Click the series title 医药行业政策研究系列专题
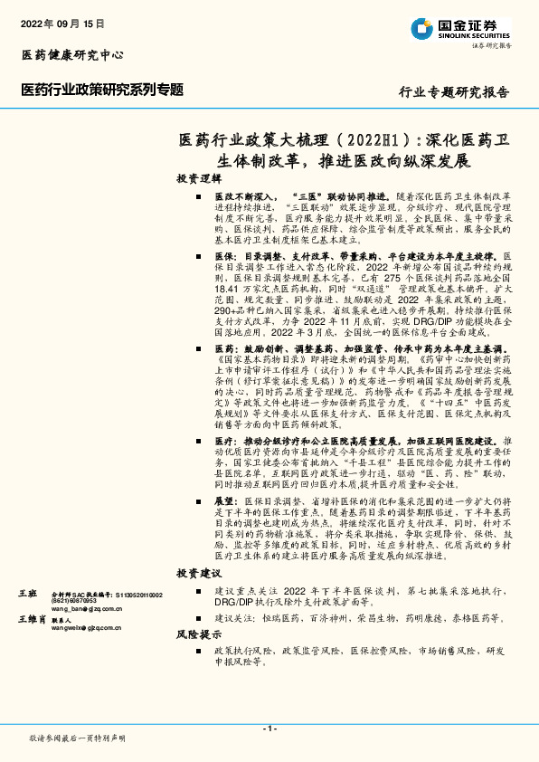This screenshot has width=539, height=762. tap(101, 90)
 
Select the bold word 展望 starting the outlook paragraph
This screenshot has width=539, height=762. tap(226, 500)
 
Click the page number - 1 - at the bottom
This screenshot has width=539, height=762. tap(269, 729)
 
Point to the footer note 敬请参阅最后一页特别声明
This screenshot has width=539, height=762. tap(77, 738)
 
